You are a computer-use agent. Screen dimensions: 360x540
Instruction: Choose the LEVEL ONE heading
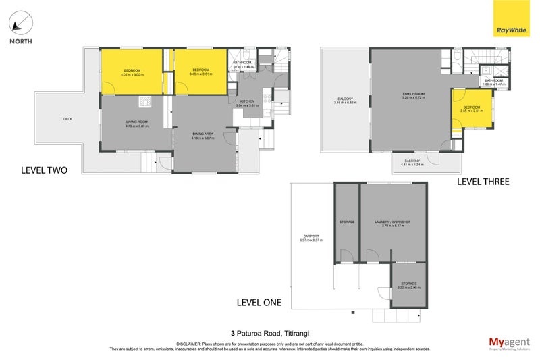pos(259,302)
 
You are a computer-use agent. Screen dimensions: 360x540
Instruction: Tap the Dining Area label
pos(202,135)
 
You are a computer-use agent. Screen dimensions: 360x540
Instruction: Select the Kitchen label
pos(247,101)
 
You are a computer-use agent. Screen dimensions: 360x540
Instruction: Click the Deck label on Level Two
pos(67,119)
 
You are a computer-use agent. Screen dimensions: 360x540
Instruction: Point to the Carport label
pos(311,236)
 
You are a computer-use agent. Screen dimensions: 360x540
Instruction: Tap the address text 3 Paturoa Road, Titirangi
pos(269,332)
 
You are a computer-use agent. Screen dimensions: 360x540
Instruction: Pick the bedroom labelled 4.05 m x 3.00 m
pos(132,72)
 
